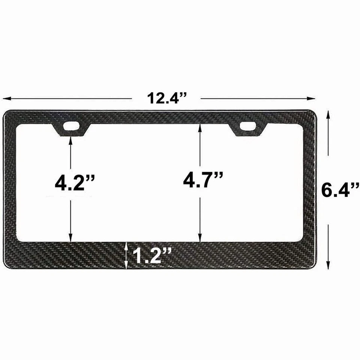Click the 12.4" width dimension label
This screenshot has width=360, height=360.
166,99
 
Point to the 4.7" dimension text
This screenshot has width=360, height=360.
203,181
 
